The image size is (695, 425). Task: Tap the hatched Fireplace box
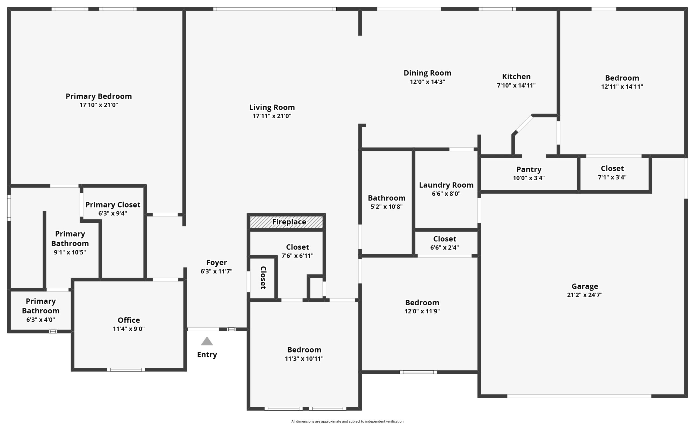coord(286,222)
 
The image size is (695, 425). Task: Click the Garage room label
coord(585,286)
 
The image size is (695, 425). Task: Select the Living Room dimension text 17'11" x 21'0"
coord(272,116)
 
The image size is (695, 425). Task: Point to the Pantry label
coord(529,169)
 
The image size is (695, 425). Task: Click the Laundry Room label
coord(446,185)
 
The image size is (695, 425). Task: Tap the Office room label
coord(129,320)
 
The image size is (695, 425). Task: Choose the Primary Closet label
coord(113,205)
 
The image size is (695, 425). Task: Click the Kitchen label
coord(516,77)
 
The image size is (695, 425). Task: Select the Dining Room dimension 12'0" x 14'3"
coord(427,82)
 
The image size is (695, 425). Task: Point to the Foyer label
coord(216,262)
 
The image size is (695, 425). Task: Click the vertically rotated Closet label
coord(263,278)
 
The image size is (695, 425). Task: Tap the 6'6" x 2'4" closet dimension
coord(444,247)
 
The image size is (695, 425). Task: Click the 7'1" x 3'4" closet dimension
coord(612,177)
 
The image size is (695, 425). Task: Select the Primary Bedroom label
coord(99,96)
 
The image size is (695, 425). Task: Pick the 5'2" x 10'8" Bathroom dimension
coord(386,207)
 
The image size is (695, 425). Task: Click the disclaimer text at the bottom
coord(347,421)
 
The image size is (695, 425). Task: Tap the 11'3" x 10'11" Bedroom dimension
coord(304,359)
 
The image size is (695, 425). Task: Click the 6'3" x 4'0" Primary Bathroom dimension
coord(41,320)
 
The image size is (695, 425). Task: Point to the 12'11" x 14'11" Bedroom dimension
coord(622,87)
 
